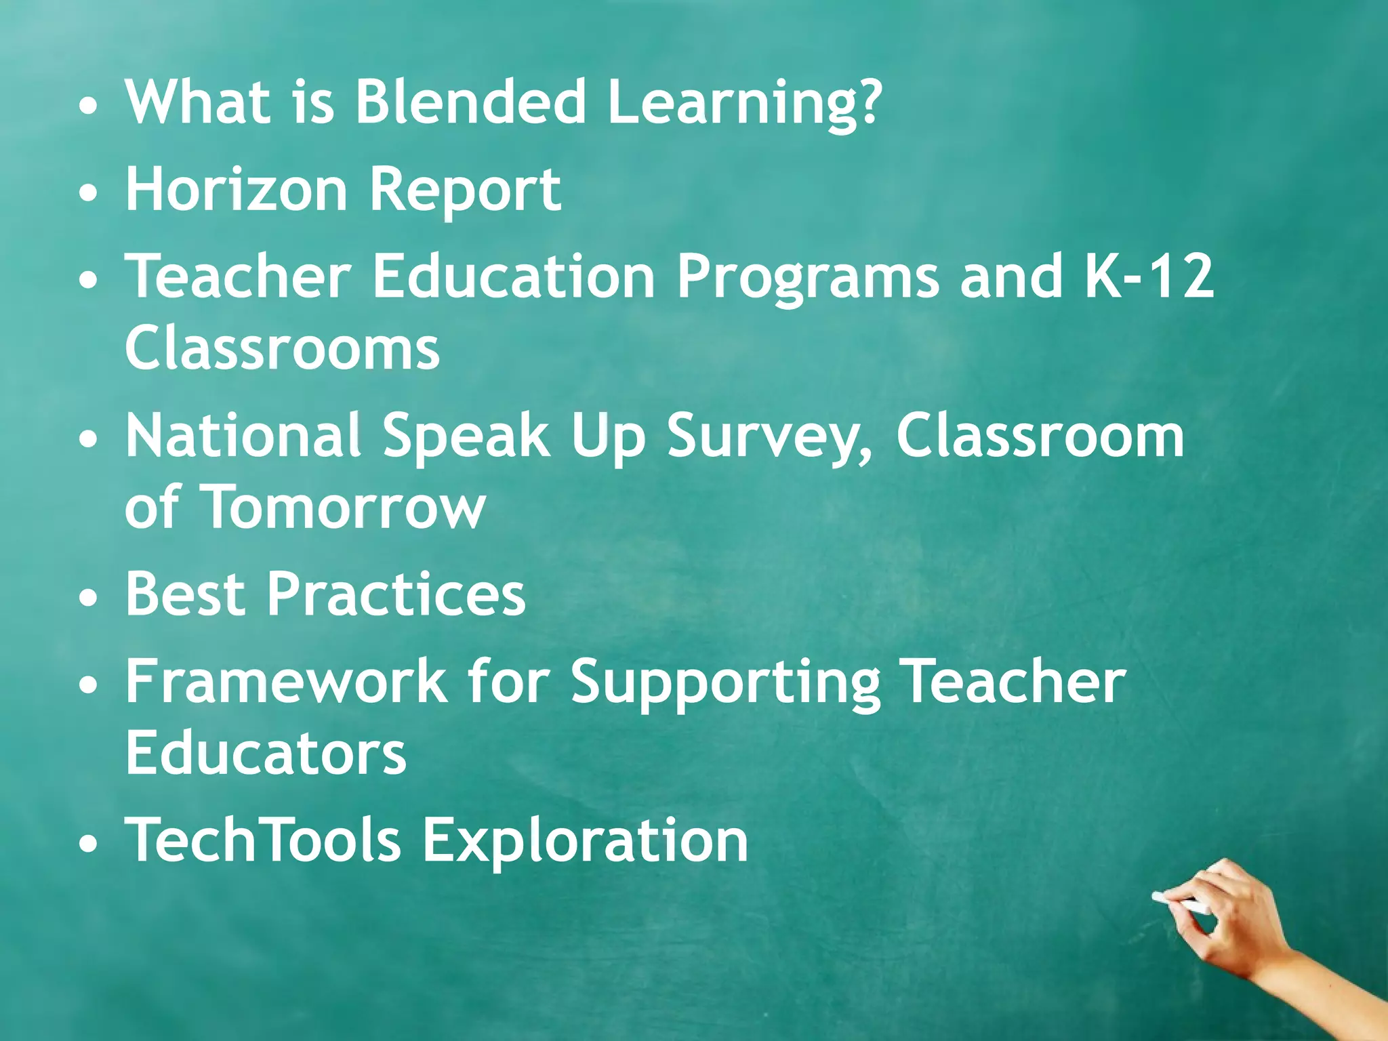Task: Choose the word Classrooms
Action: pyautogui.click(x=283, y=348)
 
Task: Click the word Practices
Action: pyautogui.click(x=396, y=594)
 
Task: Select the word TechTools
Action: pyautogui.click(x=264, y=840)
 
